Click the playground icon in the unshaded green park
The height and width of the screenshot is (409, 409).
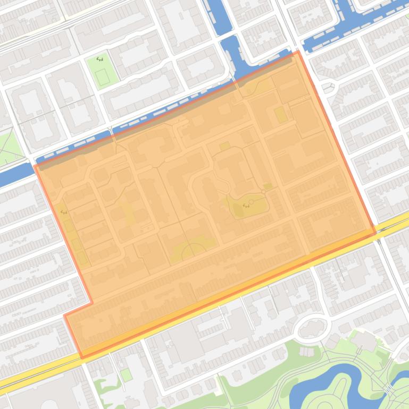(x=100, y=59)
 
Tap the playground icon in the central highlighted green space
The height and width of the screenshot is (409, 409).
(x=246, y=205)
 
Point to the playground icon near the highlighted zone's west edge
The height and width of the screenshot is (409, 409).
(x=64, y=211)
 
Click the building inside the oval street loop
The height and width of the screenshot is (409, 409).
(x=312, y=329)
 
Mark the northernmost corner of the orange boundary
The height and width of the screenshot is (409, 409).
(x=298, y=52)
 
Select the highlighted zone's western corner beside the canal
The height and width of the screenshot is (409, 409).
(x=35, y=166)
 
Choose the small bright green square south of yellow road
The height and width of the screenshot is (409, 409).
(x=126, y=375)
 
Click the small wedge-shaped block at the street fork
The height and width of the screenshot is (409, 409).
(x=328, y=86)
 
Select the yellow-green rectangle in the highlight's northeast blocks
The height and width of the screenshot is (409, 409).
(x=280, y=114)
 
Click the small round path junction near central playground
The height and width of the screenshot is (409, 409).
(x=263, y=191)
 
